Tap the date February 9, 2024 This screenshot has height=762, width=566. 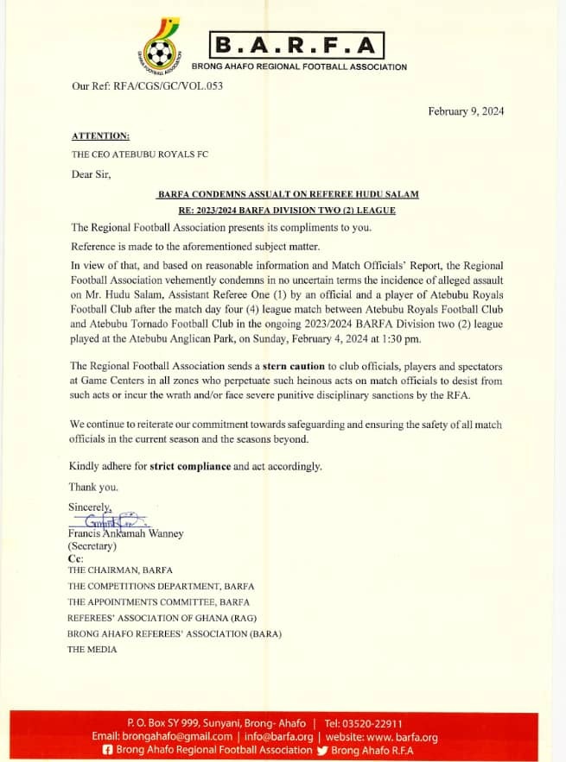(x=467, y=111)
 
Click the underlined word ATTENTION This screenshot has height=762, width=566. (x=100, y=135)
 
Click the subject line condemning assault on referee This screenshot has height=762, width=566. (x=288, y=194)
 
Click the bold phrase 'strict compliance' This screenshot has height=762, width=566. (x=190, y=466)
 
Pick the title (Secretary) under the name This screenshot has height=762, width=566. (x=92, y=545)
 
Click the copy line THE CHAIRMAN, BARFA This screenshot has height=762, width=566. (x=120, y=570)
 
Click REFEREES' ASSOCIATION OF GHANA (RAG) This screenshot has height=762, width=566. (x=162, y=618)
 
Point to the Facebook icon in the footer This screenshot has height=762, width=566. (x=107, y=750)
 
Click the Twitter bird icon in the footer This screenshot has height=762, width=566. (x=324, y=750)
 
